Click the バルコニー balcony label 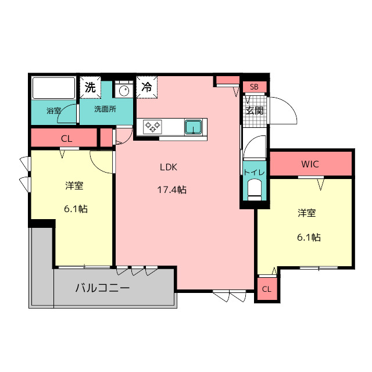point(102,288)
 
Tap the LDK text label point(169,167)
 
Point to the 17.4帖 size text point(171,189)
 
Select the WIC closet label point(310,164)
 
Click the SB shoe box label point(254,87)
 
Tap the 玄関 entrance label point(254,110)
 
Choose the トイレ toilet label point(254,173)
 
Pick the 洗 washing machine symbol point(90,88)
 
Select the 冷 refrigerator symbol point(146,88)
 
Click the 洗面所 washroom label point(105,109)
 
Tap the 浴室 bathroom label point(54,110)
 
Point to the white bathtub point(53,88)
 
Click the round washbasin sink point(123,91)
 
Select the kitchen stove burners point(153,126)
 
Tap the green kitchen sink point(194,126)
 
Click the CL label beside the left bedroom point(66,138)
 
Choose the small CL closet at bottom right point(266,289)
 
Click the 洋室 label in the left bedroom point(74,186)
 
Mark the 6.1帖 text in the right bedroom point(308,237)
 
